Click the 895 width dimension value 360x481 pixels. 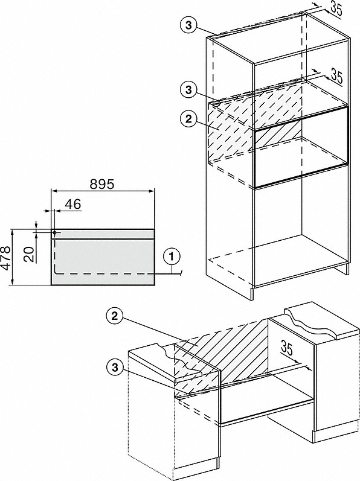102,184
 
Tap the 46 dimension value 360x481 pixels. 73,204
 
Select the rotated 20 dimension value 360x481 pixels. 30,254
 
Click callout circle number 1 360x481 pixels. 172,256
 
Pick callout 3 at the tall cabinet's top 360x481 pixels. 188,25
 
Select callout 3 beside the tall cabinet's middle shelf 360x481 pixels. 188,90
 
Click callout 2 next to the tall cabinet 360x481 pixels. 188,119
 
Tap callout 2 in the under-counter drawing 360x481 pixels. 115,316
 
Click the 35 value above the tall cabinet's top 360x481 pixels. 336,10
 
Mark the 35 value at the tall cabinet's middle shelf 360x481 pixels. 336,77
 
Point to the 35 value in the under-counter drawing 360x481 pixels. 287,348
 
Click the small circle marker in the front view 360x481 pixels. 54,233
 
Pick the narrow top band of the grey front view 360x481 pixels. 103,234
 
